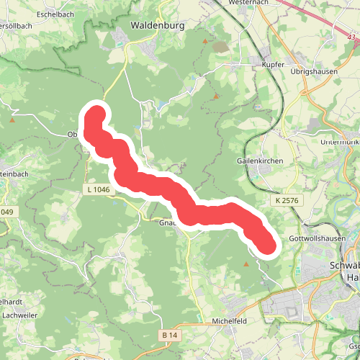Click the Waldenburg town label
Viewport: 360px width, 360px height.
point(158,25)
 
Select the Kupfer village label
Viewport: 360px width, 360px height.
point(265,64)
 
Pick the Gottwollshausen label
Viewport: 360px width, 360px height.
point(312,238)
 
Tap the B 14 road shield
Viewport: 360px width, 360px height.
point(169,336)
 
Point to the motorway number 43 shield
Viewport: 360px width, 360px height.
point(351,37)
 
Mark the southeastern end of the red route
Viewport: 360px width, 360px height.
point(268,246)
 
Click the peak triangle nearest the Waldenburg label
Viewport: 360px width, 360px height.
point(204,41)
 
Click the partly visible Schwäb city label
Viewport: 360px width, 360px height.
point(344,265)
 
